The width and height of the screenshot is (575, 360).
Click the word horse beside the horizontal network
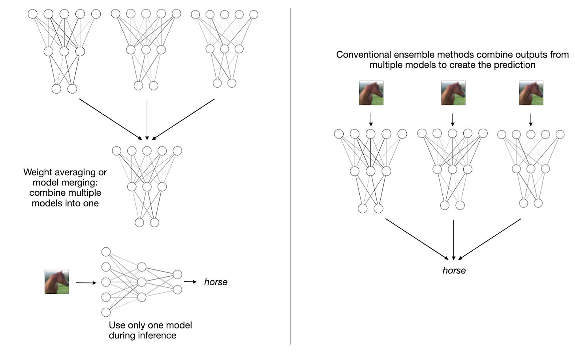pyautogui.click(x=216, y=282)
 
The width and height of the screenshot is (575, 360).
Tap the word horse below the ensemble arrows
pyautogui.click(x=454, y=270)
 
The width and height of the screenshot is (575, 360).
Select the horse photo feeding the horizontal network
pyautogui.click(x=56, y=282)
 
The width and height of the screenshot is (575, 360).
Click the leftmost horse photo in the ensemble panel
pyautogui.click(x=371, y=93)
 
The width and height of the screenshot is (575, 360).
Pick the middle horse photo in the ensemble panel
pyautogui.click(x=453, y=93)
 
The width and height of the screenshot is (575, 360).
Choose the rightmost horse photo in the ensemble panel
pyautogui.click(x=531, y=93)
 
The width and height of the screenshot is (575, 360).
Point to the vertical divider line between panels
pyautogui.click(x=290, y=178)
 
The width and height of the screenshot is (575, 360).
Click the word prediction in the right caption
pyautogui.click(x=517, y=65)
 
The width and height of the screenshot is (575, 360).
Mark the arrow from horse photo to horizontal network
pyautogui.click(x=86, y=283)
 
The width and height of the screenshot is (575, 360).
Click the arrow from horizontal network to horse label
pyautogui.click(x=190, y=282)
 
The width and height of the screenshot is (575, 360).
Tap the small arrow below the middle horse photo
pyautogui.click(x=453, y=120)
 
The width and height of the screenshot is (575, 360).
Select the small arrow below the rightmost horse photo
pyautogui.click(x=531, y=120)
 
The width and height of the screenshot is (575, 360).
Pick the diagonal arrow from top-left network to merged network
pyautogui.click(x=110, y=119)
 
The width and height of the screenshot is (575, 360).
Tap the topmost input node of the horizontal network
pyautogui.click(x=106, y=252)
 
